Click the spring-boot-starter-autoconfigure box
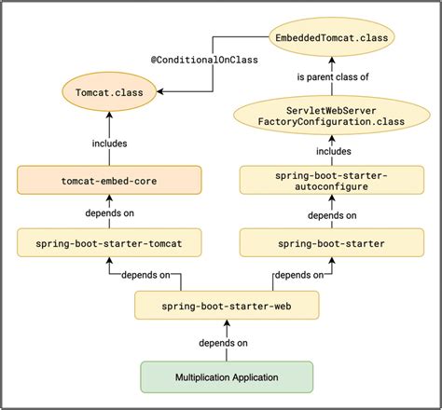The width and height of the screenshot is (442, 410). [332, 179]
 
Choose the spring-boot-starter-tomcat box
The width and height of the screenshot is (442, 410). [109, 244]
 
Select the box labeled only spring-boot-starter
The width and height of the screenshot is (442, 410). [332, 244]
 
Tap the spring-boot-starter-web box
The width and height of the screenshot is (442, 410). [227, 304]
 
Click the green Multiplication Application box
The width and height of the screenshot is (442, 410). [226, 377]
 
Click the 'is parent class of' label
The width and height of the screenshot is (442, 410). [333, 77]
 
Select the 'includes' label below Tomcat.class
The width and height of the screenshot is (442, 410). [110, 143]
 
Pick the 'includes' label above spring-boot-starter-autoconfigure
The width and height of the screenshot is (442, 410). [333, 150]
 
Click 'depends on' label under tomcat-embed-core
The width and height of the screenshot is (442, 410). [110, 213]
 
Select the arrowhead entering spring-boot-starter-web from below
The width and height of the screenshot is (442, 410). [227, 321]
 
